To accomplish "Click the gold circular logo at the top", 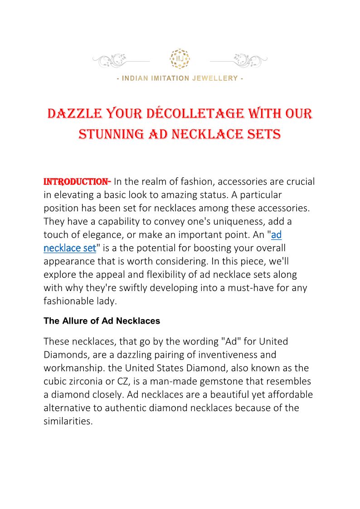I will (x=180, y=59).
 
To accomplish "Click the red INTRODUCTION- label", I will (x=77, y=182).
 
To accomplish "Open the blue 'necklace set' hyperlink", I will (x=70, y=248).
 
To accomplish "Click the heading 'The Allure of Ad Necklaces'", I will (x=102, y=321).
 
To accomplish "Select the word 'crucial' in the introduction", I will (x=299, y=182).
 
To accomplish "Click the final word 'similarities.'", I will (x=68, y=421).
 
